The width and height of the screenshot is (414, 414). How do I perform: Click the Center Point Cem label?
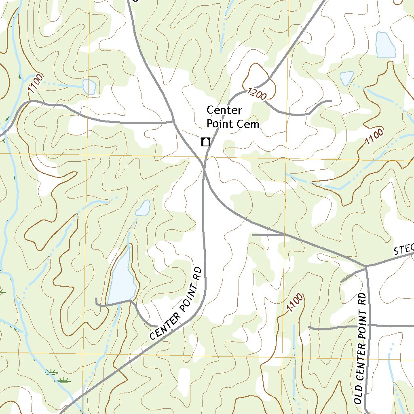point(232,117)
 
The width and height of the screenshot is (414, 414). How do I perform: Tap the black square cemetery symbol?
point(206,142)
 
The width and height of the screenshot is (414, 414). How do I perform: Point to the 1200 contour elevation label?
point(256,94)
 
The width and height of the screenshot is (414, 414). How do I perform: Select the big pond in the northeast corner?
point(385,44)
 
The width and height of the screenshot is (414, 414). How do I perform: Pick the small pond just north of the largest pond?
point(143,208)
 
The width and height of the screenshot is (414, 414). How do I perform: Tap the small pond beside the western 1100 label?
point(89,86)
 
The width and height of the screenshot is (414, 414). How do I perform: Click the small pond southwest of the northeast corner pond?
point(346,78)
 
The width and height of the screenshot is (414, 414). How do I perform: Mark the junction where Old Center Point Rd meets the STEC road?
point(366,267)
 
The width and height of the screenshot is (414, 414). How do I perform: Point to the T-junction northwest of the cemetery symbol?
point(174,120)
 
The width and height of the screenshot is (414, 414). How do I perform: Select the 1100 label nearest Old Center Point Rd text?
point(295,304)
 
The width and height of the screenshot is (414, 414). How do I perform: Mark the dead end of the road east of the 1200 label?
point(331,101)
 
